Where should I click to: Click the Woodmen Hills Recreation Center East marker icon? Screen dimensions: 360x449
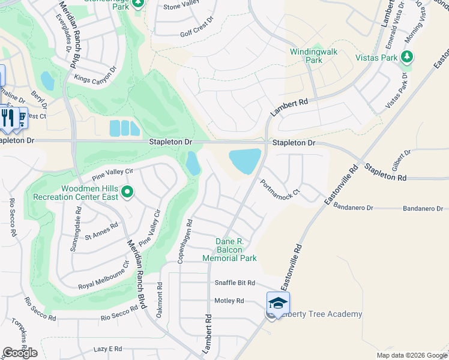click(127, 192)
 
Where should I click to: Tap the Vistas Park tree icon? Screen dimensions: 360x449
click(408, 57)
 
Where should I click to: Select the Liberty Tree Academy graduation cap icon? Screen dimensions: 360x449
click(279, 304)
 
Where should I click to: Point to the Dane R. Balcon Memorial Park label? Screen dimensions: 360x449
click(229, 250)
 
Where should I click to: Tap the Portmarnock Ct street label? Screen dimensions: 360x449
click(279, 190)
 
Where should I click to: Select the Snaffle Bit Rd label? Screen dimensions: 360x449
click(235, 283)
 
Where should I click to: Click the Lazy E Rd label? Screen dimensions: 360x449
click(108, 349)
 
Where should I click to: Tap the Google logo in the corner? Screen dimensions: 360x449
click(20, 353)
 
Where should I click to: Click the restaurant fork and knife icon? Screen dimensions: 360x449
click(8, 116)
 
